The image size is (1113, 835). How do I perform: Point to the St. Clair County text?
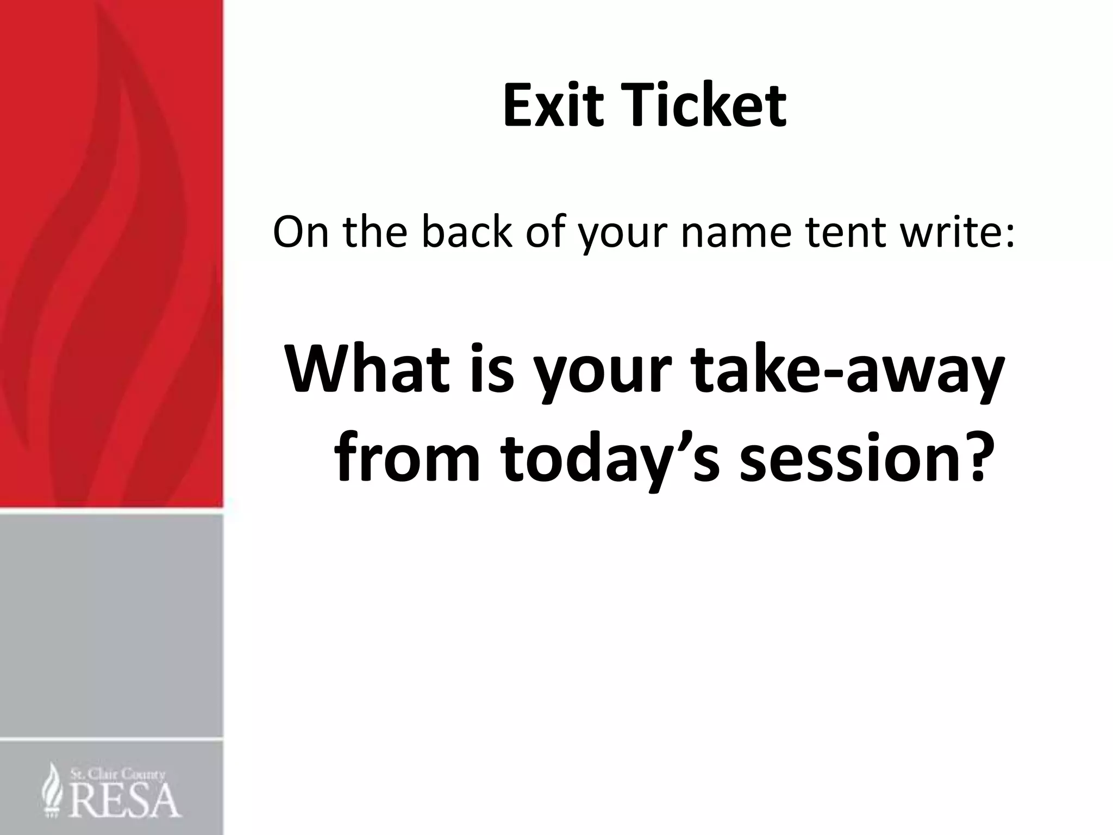coord(117,775)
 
